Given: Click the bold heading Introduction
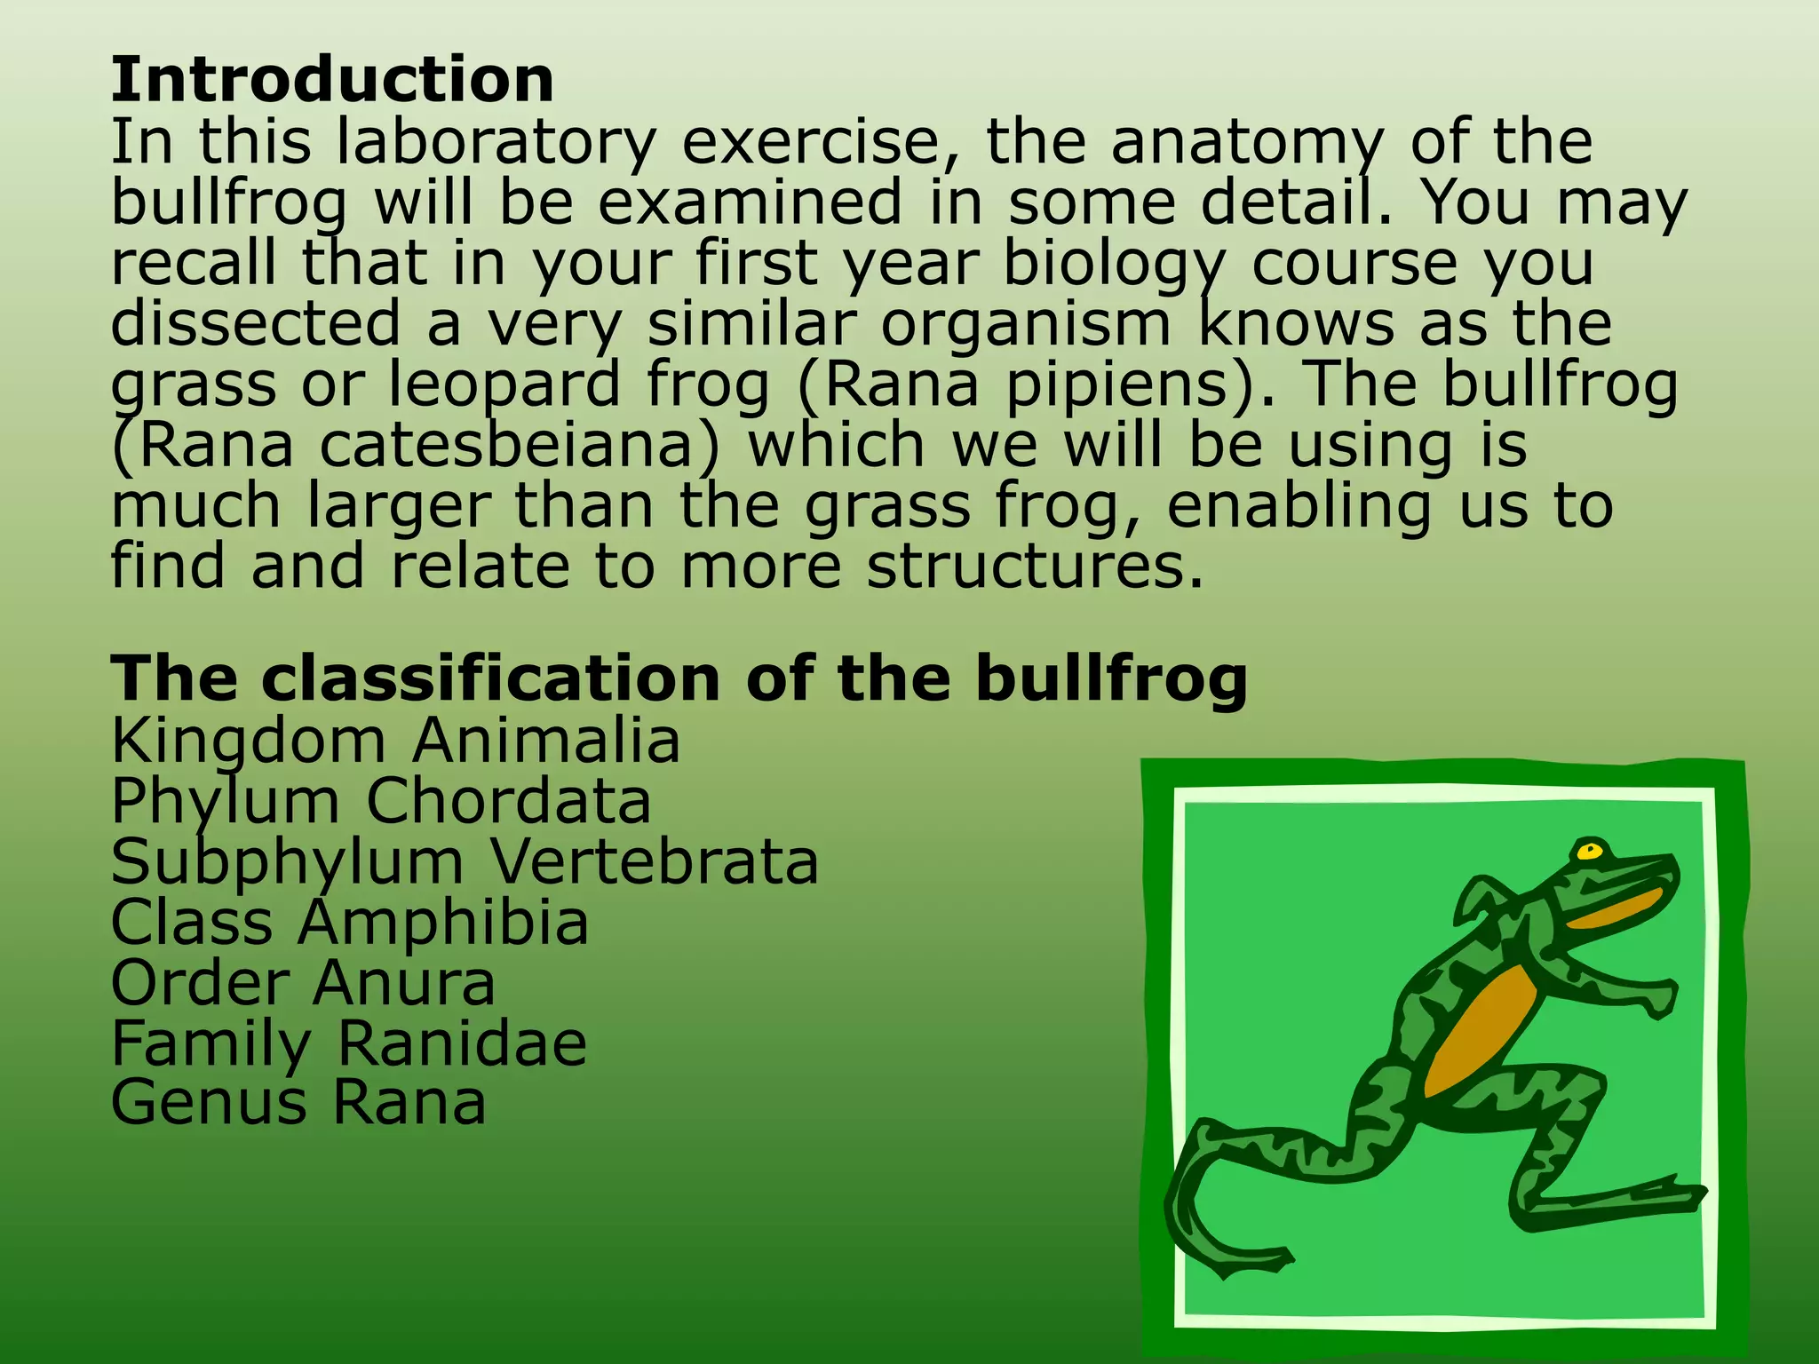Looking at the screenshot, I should pos(332,80).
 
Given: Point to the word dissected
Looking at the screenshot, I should pos(256,323).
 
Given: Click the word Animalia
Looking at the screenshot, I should pos(545,741).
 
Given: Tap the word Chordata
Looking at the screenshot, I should pos(509,801).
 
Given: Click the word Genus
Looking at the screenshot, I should pos(209,1103).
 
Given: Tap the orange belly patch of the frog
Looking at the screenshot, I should pos(1483,1030).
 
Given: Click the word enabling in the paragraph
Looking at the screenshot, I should pos(1299,506).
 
